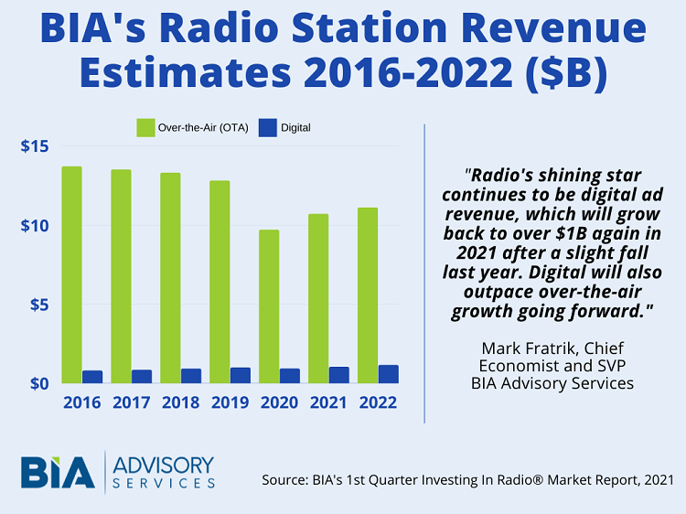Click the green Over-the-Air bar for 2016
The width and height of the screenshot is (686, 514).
[71, 274]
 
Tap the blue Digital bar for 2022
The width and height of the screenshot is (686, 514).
[389, 373]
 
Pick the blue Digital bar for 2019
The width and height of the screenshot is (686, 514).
[241, 375]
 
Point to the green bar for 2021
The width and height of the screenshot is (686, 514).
[317, 298]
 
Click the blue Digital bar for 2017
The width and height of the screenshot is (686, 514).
[142, 376]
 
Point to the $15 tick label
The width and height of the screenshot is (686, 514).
[34, 146]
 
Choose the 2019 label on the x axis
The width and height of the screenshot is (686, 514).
[230, 402]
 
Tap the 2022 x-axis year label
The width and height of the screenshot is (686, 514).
[378, 402]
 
